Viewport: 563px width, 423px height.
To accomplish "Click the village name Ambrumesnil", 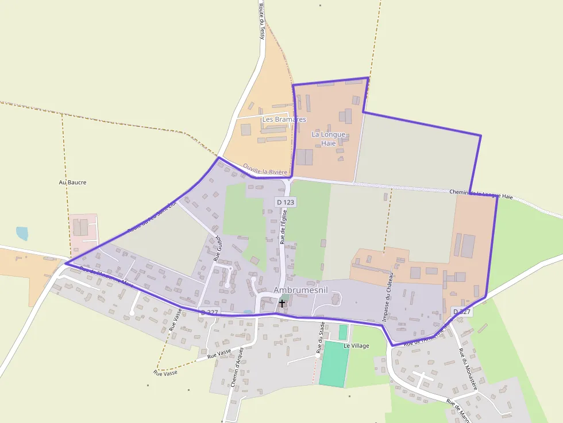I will click(x=300, y=290).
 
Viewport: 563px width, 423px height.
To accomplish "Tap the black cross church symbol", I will click(x=282, y=302).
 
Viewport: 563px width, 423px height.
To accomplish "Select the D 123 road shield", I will click(x=286, y=202).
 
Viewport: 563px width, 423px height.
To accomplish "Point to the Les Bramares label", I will click(x=284, y=119).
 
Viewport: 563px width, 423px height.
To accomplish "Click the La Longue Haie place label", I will click(x=329, y=138).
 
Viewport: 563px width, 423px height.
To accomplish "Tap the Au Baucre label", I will click(x=72, y=183).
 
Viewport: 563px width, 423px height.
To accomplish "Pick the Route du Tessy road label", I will click(x=262, y=21).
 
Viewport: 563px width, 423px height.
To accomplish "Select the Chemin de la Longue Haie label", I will click(x=481, y=194).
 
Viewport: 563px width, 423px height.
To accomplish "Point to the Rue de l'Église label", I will click(x=283, y=226).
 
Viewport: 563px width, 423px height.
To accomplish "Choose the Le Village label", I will click(x=356, y=346).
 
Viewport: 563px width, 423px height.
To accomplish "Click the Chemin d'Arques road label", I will click(x=237, y=367).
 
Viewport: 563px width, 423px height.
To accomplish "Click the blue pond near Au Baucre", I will click(x=22, y=233).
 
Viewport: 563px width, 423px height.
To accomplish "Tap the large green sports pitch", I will click(x=334, y=364).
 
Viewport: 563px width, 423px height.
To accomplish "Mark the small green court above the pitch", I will click(x=343, y=332).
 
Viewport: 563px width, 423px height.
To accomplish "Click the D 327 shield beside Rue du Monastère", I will click(x=462, y=312).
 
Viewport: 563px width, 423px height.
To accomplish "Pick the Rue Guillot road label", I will click(x=217, y=248).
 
